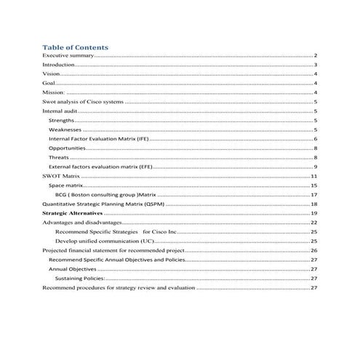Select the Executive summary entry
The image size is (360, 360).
[63, 55]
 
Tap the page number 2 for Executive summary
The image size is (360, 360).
[315, 55]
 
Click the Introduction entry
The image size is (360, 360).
[58, 65]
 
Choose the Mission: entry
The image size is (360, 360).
[54, 93]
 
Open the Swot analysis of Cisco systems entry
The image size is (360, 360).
[83, 103]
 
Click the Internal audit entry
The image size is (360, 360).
[60, 111]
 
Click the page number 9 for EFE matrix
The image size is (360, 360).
[315, 167]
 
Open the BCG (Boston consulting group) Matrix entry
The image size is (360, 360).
[105, 196]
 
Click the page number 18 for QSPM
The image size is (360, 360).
[313, 205]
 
